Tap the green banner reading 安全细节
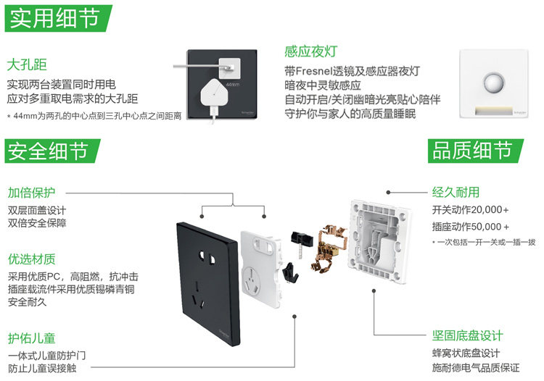pyautogui.click(x=50, y=151)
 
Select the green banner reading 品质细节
pyautogui.click(x=471, y=151)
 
